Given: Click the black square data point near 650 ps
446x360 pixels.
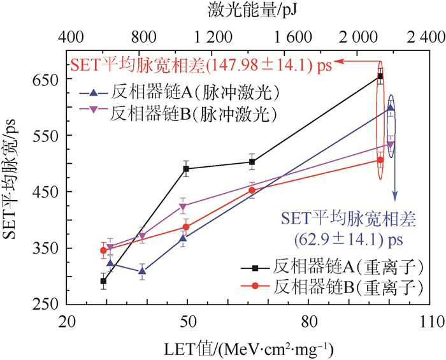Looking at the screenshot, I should point(380,76).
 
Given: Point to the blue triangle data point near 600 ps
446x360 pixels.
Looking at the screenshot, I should point(391,108).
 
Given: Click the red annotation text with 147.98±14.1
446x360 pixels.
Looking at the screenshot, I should point(204,64).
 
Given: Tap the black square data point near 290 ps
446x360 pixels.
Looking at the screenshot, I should point(103,280).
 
